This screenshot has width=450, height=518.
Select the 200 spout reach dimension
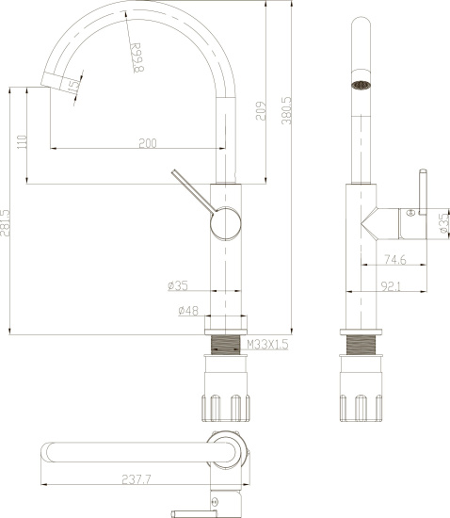(147, 143)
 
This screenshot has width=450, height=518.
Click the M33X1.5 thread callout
(266, 346)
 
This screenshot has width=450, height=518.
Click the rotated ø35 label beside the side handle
(440, 220)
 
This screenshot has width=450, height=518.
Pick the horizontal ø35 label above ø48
(179, 285)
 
